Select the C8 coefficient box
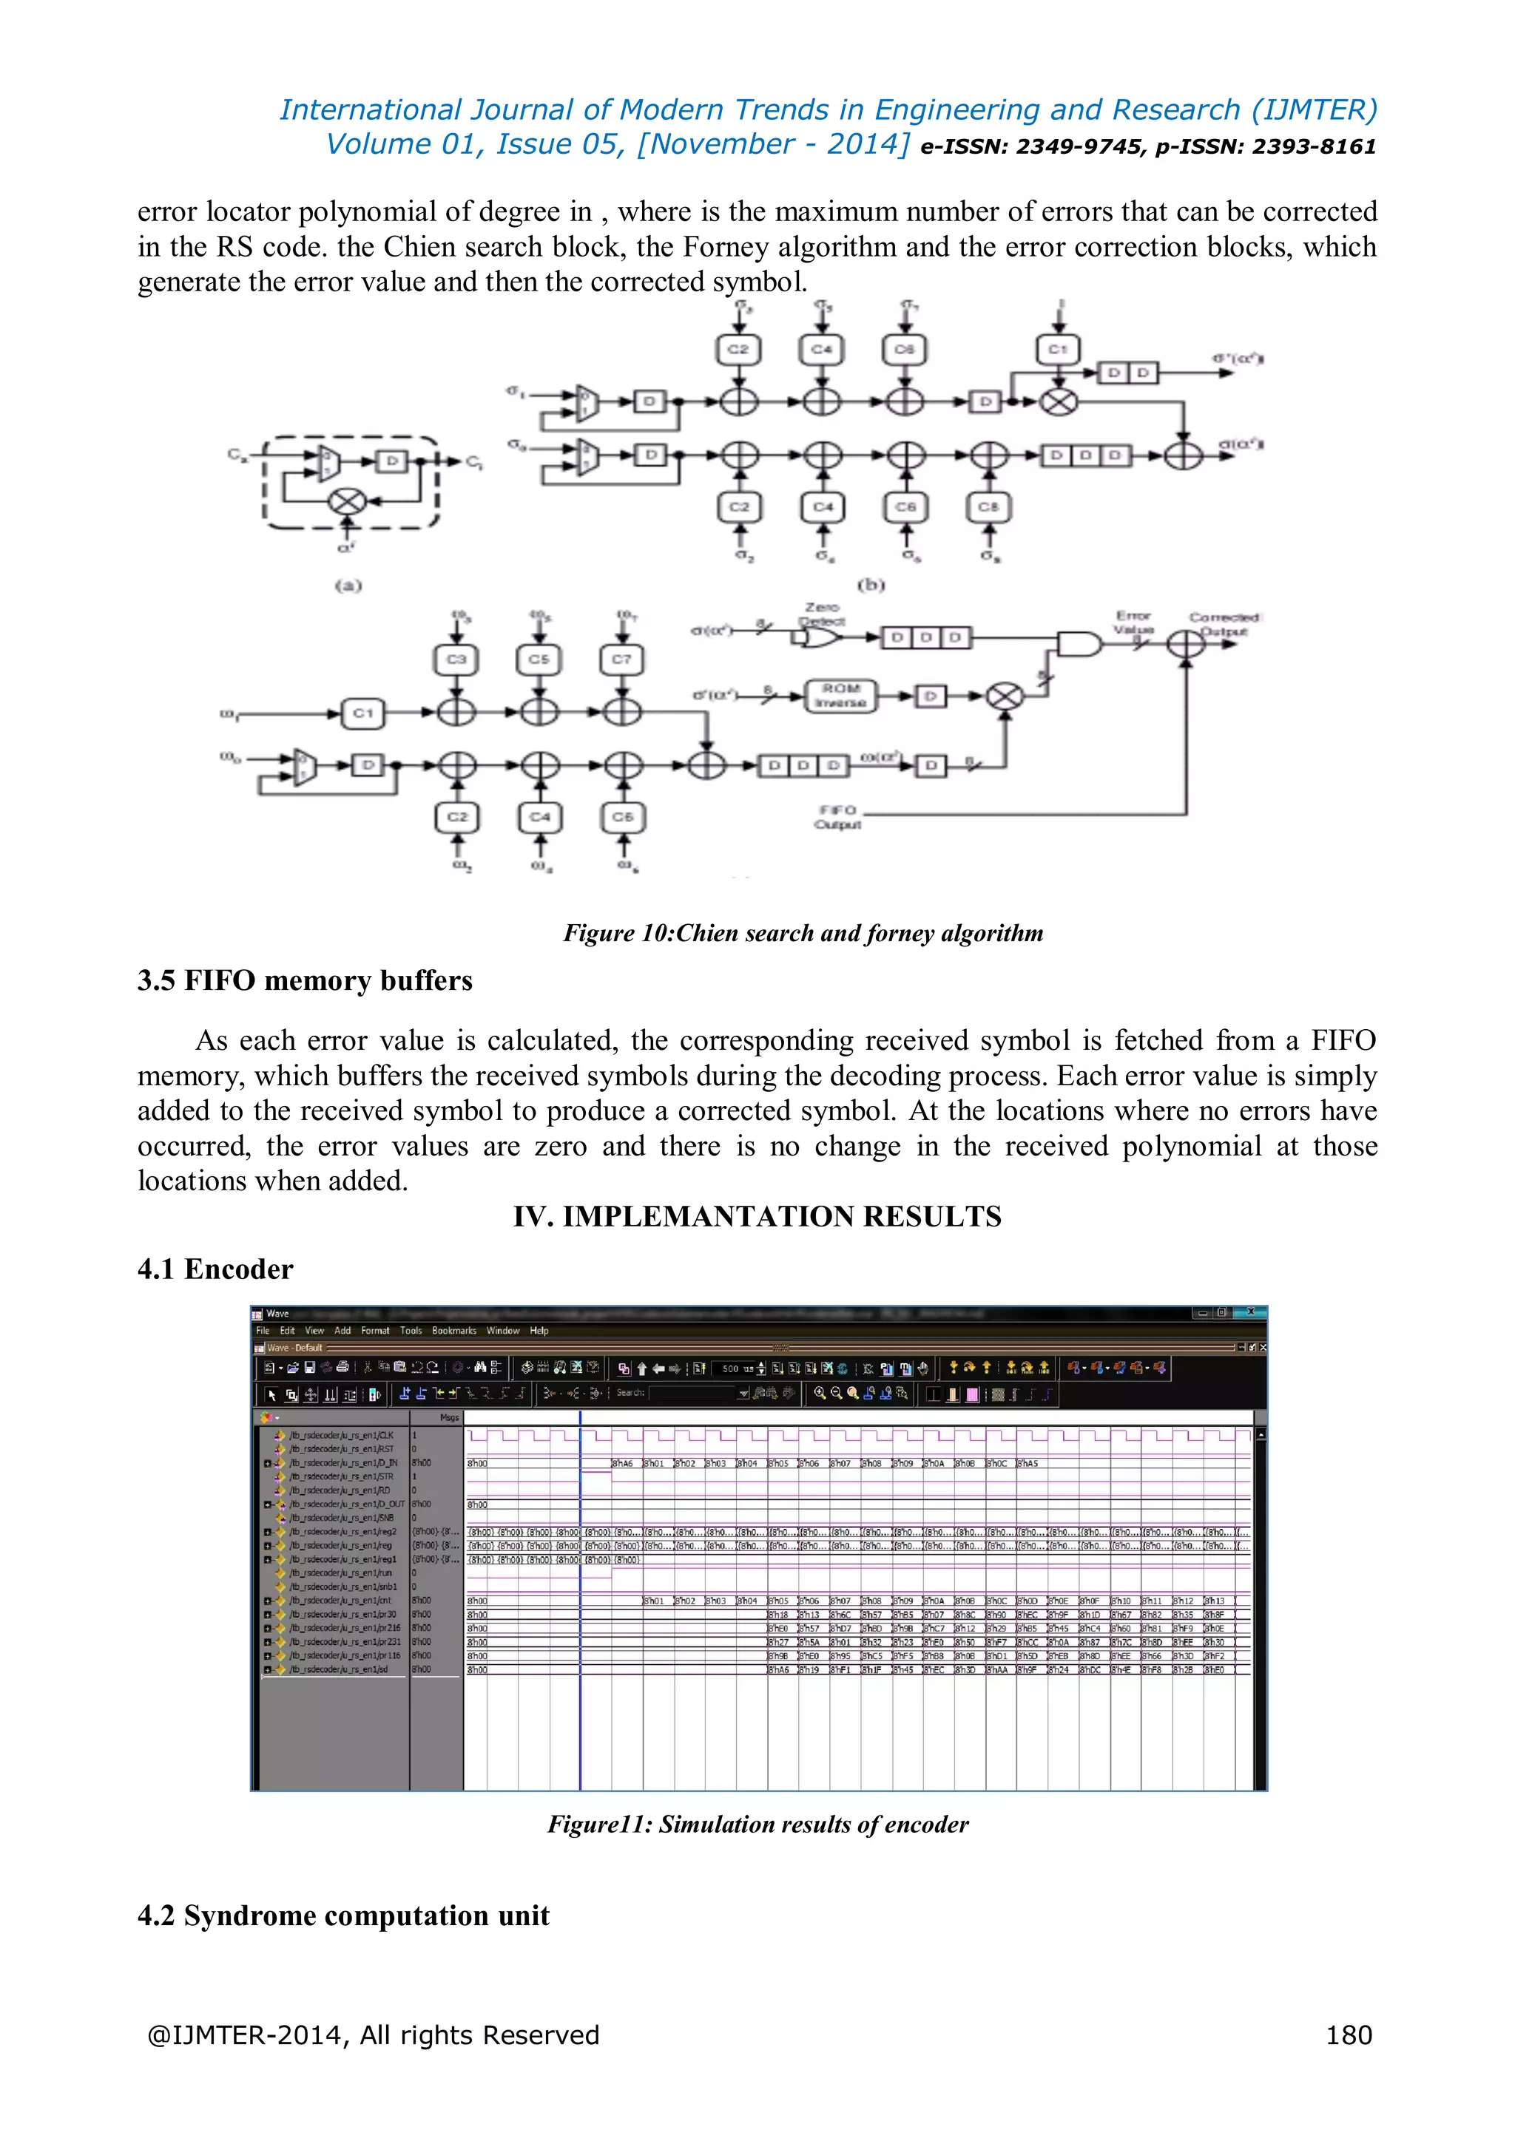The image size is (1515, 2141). [988, 507]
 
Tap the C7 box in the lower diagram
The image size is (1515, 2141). [621, 659]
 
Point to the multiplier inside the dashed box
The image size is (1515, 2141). [347, 502]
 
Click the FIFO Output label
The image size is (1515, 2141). [837, 817]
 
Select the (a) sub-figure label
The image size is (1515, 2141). [348, 586]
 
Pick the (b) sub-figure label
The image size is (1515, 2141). [871, 586]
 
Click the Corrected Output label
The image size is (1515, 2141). [1224, 624]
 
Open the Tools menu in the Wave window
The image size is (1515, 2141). [411, 1331]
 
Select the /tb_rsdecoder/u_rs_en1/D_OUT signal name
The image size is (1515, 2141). [346, 1504]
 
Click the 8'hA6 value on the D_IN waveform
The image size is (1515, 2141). [623, 1464]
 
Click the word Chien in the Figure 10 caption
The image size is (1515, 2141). [706, 934]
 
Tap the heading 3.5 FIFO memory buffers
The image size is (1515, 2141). [304, 981]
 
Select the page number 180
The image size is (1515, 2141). [1348, 2035]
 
